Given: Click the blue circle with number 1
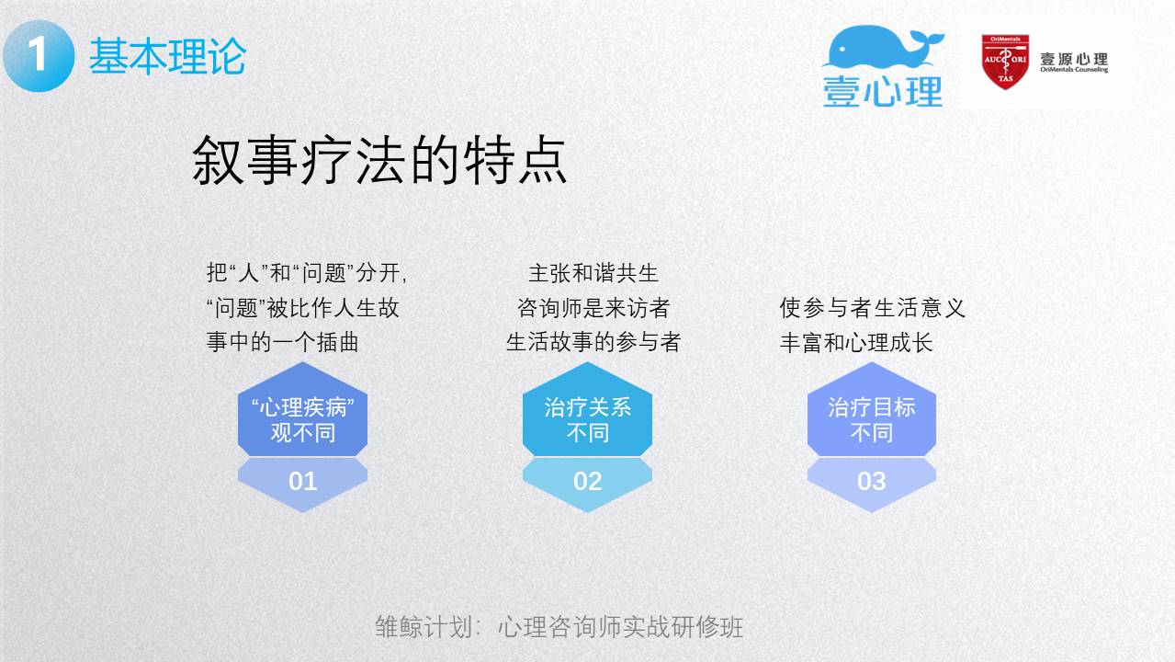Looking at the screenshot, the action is click(39, 56).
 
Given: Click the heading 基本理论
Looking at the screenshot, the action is click(168, 56).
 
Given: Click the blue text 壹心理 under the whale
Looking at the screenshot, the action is click(883, 91).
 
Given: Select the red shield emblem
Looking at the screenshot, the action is click(1005, 62).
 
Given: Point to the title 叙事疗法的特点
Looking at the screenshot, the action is click(379, 160).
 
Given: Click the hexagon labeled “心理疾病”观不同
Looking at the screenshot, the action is click(302, 409).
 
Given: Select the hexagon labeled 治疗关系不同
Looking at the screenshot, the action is click(587, 409).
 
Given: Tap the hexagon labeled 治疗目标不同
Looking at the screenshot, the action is click(871, 409).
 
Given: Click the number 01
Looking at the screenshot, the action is click(302, 481).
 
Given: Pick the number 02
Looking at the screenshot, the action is click(588, 481).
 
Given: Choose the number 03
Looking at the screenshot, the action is click(871, 481).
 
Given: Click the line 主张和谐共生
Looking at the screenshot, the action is click(593, 273).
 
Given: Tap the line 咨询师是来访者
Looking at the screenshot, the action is click(593, 308).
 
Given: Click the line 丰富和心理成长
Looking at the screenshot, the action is click(856, 343).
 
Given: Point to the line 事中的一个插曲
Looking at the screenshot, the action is click(282, 342).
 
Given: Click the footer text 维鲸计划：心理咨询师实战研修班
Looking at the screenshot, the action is click(559, 626).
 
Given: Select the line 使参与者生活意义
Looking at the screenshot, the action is click(872, 308).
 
